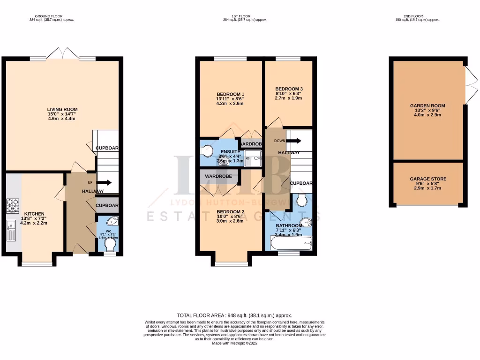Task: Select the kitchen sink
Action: click(12, 230)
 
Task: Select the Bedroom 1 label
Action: click(230, 94)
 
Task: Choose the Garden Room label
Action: click(427, 106)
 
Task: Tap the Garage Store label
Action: click(427, 179)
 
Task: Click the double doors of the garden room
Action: click(472, 85)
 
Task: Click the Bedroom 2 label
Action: click(230, 212)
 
